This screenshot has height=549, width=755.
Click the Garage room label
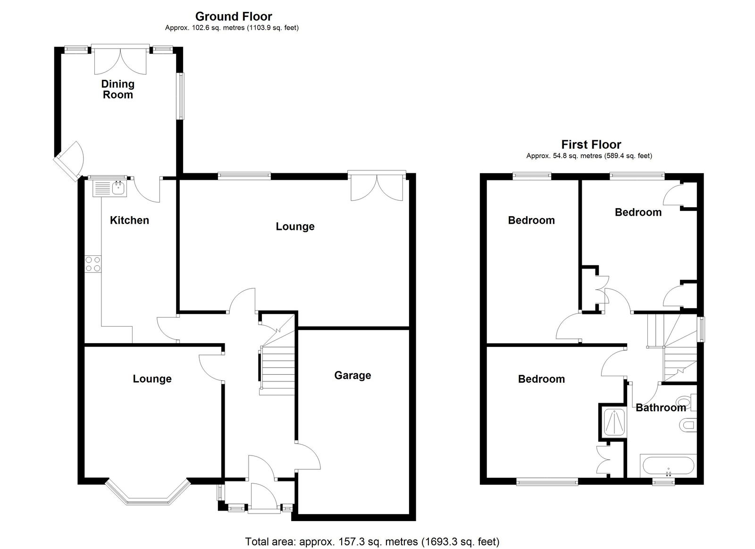point(352,375)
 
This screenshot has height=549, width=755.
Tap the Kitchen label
point(129,220)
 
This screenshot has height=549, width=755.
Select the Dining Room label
point(118,89)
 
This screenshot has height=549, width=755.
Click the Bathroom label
point(661,408)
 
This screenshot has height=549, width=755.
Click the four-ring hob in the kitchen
point(93,264)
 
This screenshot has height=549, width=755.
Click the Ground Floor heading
point(234,16)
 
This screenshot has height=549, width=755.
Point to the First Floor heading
point(591,144)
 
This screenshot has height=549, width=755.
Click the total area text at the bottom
point(372,532)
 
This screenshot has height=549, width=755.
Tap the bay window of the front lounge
point(148,493)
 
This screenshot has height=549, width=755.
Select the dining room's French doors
point(120,60)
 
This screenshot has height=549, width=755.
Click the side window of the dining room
point(181,96)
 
